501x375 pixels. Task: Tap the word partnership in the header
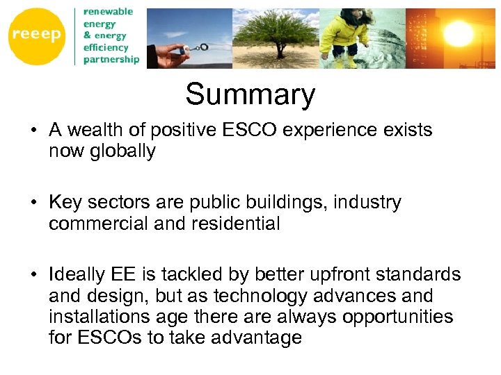[111, 60]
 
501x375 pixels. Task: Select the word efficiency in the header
[106, 47]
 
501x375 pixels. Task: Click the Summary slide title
[250, 94]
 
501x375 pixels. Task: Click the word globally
[124, 151]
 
